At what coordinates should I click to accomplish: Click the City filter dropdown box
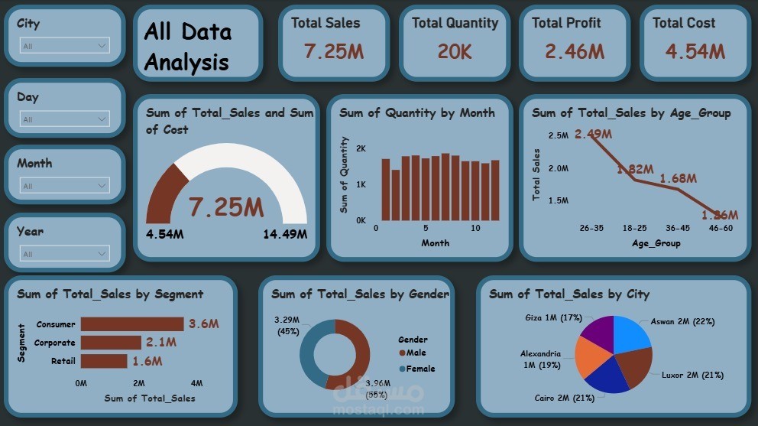click(65, 46)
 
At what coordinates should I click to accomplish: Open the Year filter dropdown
click(65, 254)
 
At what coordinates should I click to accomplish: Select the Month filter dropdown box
click(65, 186)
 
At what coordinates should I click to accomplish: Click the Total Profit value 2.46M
click(575, 51)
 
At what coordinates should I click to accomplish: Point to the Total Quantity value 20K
click(455, 51)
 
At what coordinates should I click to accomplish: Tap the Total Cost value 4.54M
click(695, 51)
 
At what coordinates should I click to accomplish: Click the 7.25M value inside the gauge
click(226, 207)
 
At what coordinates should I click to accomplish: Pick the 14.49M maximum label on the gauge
click(285, 234)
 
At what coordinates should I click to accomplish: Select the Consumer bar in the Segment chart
click(131, 324)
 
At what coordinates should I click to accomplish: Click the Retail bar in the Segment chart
click(103, 361)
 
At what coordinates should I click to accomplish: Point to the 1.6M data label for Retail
click(147, 361)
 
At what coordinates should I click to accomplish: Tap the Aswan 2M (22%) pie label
click(682, 322)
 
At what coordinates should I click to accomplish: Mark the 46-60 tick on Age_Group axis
click(720, 228)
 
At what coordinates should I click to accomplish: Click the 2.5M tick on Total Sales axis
click(558, 135)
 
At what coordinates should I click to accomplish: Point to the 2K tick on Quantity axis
click(361, 148)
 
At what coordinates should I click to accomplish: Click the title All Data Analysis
click(187, 46)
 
